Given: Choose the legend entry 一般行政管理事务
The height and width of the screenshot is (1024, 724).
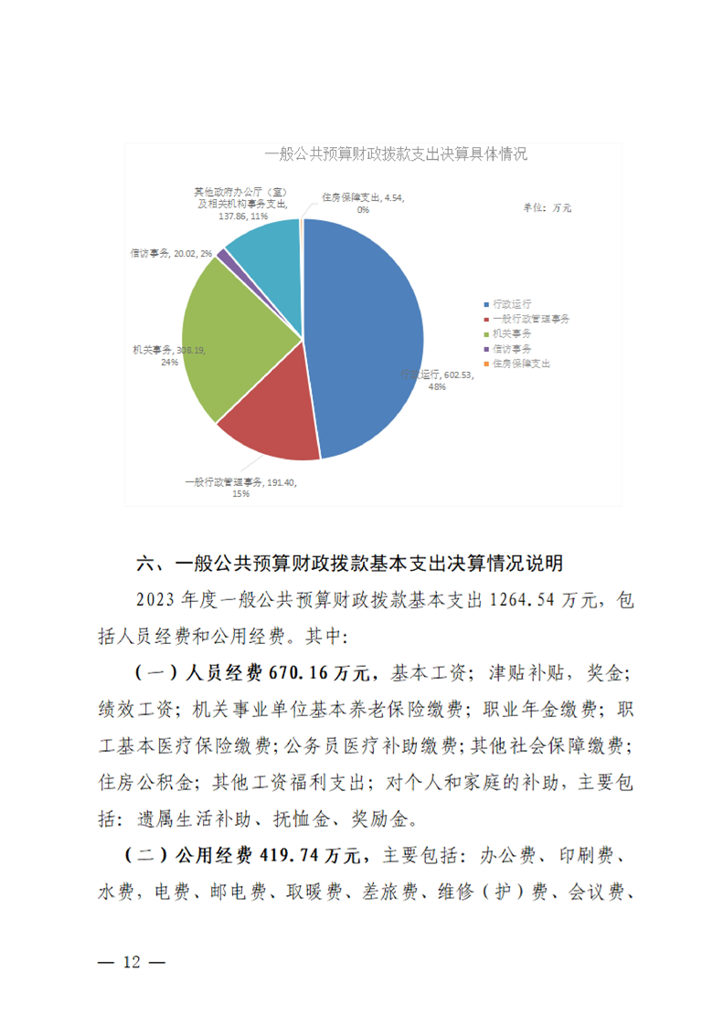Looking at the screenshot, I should point(530,319).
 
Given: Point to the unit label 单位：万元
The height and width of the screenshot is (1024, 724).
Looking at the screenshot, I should point(547,208).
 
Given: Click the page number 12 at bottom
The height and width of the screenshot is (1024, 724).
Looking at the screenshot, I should point(133,964).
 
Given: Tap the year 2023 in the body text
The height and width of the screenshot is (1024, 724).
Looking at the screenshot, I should point(156,600).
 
